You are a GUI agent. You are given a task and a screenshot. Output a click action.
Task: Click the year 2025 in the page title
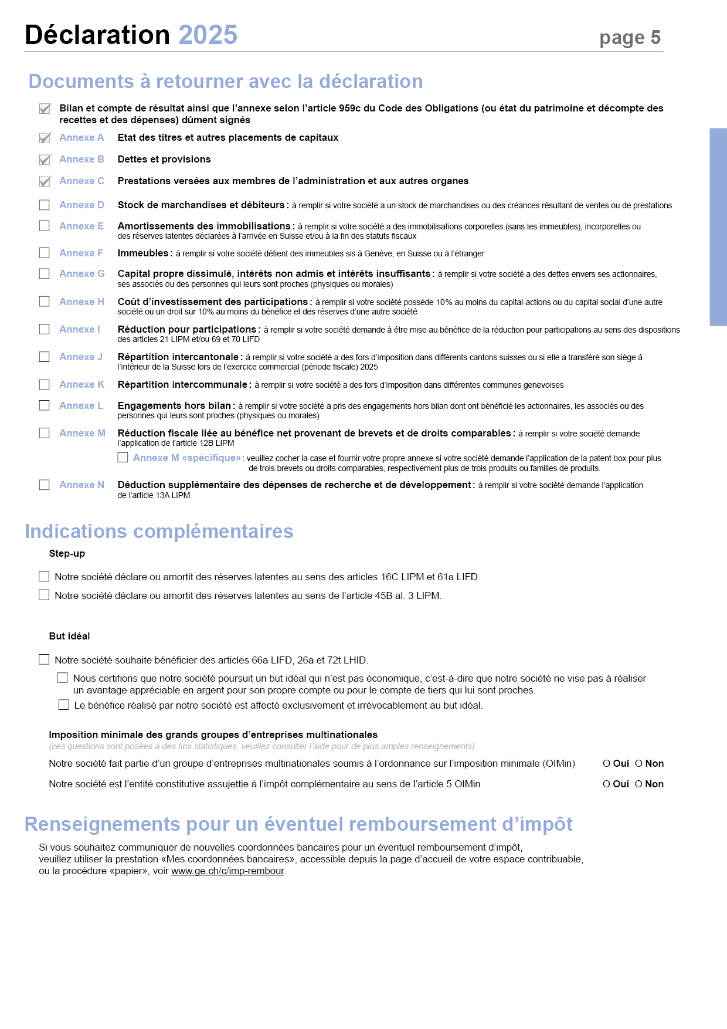click(208, 35)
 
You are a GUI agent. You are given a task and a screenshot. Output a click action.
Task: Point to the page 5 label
click(630, 38)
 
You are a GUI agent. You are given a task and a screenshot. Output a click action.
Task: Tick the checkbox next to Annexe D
click(45, 205)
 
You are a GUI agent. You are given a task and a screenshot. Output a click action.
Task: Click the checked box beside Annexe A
click(45, 138)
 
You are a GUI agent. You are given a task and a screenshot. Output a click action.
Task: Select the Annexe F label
click(81, 253)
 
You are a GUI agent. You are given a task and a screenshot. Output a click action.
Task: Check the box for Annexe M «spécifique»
click(123, 457)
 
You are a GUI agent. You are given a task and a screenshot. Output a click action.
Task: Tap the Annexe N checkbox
click(45, 485)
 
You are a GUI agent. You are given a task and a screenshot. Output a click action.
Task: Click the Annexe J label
click(81, 357)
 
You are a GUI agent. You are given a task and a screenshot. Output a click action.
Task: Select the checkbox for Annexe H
click(45, 302)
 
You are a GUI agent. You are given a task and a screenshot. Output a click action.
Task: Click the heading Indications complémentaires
click(159, 531)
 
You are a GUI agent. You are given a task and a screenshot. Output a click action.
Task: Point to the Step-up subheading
click(67, 553)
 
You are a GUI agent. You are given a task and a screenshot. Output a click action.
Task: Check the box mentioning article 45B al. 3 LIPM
click(44, 595)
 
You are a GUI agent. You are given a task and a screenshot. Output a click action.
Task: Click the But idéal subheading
click(69, 636)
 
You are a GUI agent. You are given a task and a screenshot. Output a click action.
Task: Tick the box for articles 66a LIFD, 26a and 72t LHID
click(44, 659)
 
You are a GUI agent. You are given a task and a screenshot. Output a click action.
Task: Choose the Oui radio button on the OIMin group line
click(606, 763)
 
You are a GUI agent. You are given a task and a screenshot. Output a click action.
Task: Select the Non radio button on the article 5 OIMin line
click(638, 784)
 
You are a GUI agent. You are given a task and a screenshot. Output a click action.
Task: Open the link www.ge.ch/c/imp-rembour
click(227, 871)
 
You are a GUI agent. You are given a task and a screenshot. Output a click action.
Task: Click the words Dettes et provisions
click(164, 159)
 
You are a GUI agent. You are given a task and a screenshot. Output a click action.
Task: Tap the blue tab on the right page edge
click(718, 226)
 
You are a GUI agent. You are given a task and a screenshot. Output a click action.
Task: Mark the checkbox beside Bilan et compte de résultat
click(45, 109)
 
